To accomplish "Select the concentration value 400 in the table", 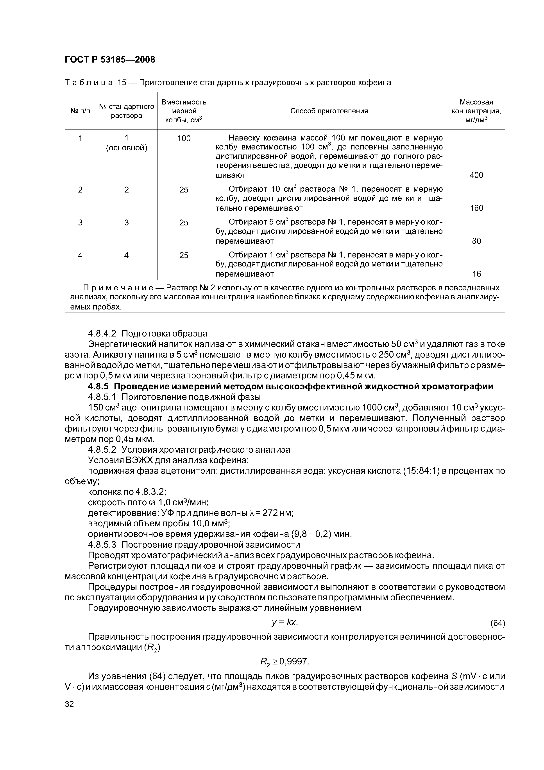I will [x=476, y=175].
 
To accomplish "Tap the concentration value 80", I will [x=476, y=241].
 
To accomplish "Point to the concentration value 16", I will [x=476, y=274].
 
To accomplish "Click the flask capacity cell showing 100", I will [x=184, y=138].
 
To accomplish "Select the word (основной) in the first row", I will [x=126, y=148].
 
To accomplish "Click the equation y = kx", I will [x=285, y=622].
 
